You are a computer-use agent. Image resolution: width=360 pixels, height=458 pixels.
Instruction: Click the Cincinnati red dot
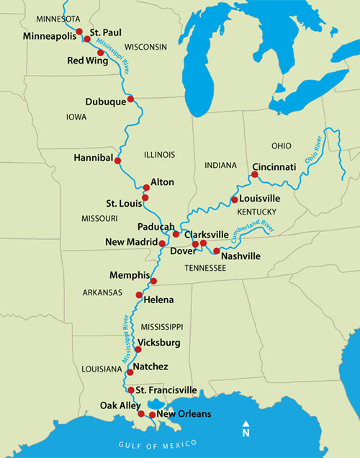pyautogui.click(x=255, y=174)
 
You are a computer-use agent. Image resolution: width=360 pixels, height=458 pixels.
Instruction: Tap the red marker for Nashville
pyautogui.click(x=217, y=251)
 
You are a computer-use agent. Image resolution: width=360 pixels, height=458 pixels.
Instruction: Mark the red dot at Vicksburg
pyautogui.click(x=138, y=349)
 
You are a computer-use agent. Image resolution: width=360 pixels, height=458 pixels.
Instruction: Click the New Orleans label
pyautogui.click(x=184, y=414)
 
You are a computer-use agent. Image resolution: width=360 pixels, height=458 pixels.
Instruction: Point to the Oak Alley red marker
pyautogui.click(x=141, y=414)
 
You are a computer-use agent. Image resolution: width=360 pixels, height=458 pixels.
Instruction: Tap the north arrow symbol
pyautogui.click(x=246, y=429)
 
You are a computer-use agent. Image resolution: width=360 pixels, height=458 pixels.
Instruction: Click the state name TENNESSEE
pyautogui.click(x=205, y=268)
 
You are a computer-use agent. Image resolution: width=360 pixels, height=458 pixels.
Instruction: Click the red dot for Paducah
pyautogui.click(x=176, y=234)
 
